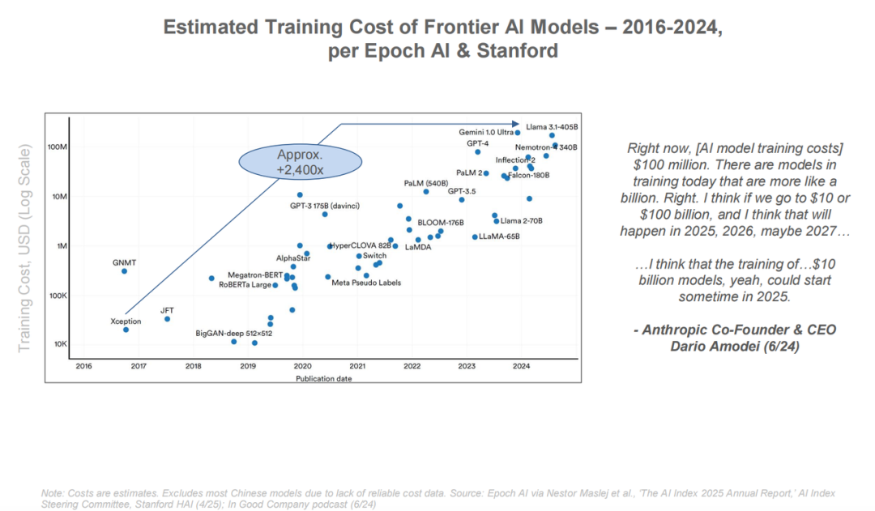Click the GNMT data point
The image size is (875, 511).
(124, 270)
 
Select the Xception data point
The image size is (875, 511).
(126, 330)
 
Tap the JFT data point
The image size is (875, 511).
(167, 318)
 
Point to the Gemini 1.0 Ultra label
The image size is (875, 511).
(486, 132)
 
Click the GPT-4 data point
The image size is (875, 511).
(477, 151)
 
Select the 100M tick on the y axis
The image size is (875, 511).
(56, 147)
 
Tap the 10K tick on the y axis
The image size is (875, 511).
(58, 344)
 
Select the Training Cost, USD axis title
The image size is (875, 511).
(24, 249)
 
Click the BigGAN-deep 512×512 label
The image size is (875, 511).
(233, 333)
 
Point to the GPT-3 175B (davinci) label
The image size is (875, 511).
(325, 206)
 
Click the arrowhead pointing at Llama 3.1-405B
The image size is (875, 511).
(516, 124)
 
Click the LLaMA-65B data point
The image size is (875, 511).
(475, 236)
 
